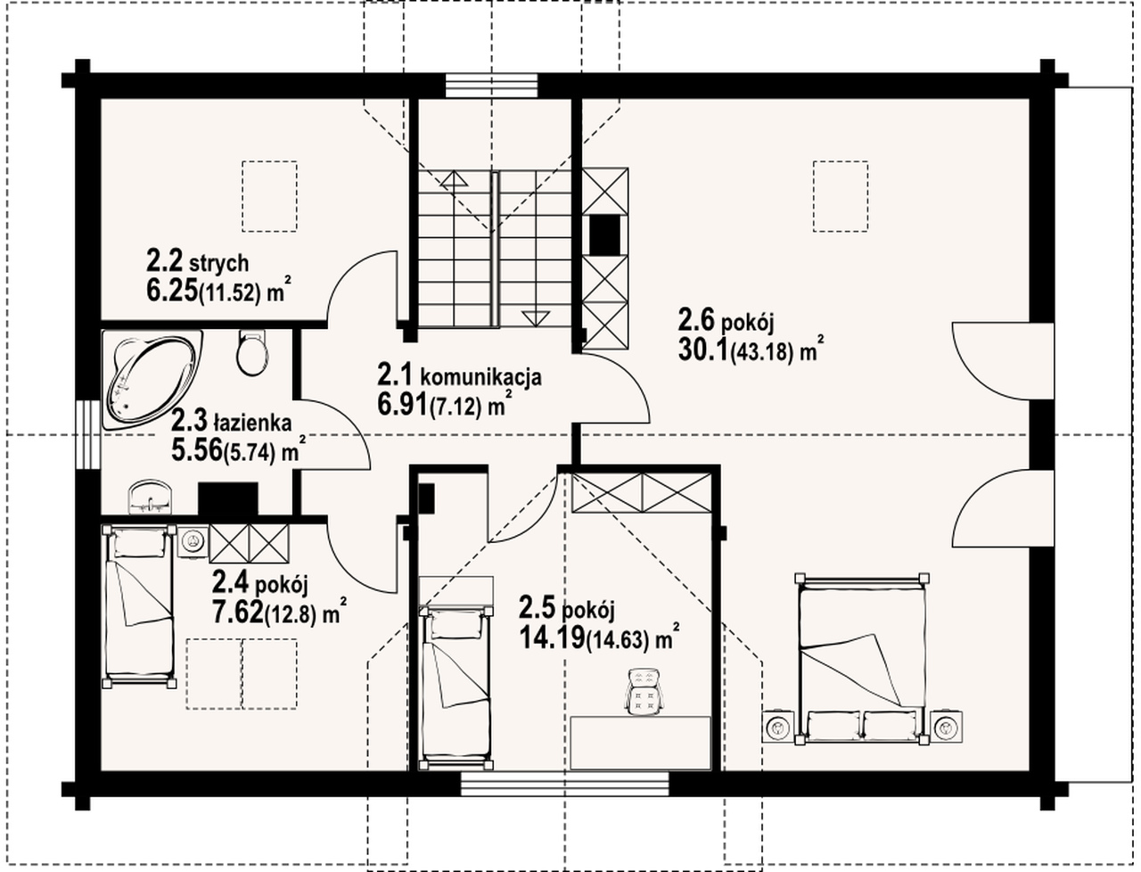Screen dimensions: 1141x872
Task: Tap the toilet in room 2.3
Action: point(252,352)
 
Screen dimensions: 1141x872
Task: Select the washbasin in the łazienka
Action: point(151,497)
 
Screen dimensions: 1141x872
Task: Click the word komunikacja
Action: point(480,376)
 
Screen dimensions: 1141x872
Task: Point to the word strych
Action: point(219,264)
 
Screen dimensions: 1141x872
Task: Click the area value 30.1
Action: point(702,350)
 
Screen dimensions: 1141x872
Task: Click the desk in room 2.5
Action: point(640,743)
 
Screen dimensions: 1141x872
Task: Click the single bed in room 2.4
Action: point(139,606)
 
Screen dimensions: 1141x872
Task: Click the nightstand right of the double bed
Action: point(946,726)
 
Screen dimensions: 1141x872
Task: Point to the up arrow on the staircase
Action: point(454,178)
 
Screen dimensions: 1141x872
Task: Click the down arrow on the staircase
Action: point(535,318)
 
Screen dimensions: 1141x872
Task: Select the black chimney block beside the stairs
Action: point(604,234)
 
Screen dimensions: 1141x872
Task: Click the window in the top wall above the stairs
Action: point(491,86)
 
